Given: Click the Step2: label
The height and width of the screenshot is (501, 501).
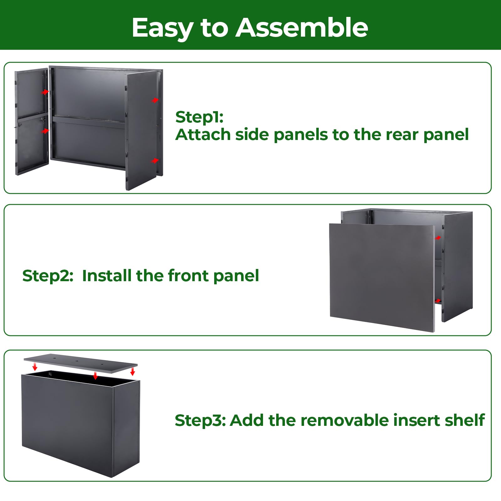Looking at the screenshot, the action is (x=48, y=276).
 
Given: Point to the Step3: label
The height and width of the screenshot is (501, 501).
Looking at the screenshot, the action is (x=200, y=421).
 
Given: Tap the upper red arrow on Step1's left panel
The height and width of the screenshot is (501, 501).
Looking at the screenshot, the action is (x=45, y=92).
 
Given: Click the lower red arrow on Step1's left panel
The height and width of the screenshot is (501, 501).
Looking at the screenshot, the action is (x=45, y=131).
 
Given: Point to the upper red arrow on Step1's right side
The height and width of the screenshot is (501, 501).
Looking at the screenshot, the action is (x=155, y=100).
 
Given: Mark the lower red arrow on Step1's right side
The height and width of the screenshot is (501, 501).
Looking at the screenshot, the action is (x=155, y=161).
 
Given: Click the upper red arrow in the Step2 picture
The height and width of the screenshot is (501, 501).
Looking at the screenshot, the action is (x=438, y=238).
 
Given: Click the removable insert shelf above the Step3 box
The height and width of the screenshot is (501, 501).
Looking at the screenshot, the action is (x=81, y=363).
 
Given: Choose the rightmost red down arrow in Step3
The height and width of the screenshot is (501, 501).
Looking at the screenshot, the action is (x=132, y=372).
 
